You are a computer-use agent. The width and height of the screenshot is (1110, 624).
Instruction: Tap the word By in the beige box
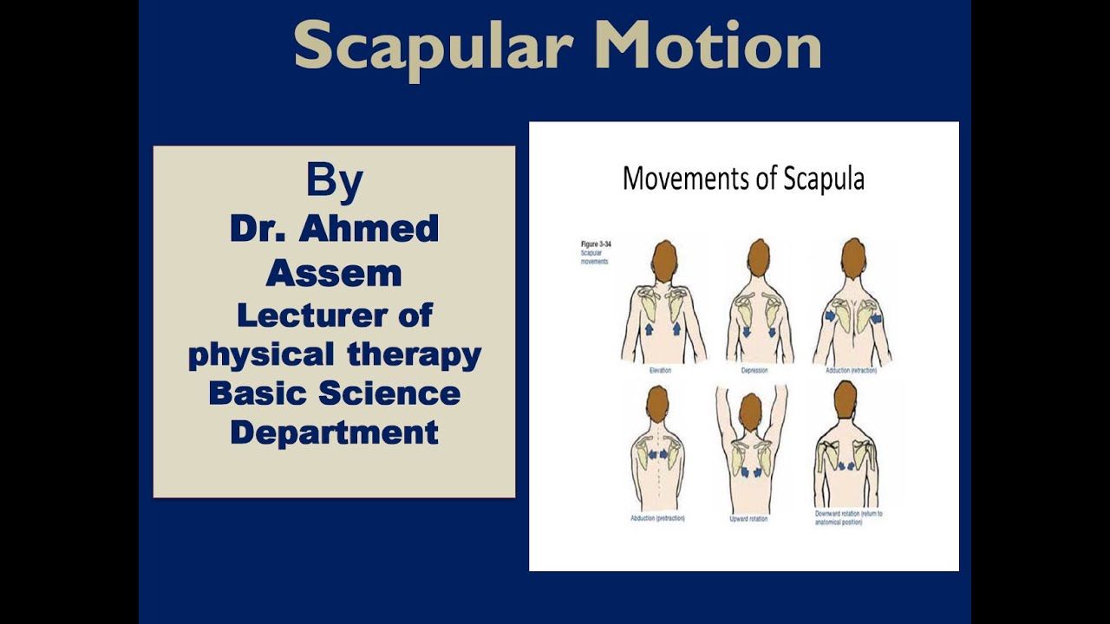coord(334,181)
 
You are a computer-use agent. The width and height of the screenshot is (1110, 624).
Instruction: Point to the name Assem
coord(334,273)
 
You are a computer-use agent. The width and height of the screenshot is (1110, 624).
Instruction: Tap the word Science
coord(389,393)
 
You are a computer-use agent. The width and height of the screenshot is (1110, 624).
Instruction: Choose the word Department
coord(334,432)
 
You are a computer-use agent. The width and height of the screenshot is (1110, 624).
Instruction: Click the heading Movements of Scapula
coord(743,179)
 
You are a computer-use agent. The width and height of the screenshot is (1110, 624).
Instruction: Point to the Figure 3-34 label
coord(594,244)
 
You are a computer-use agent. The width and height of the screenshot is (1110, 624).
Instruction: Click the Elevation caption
coord(661,370)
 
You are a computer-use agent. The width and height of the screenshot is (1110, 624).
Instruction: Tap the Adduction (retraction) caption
coord(852,370)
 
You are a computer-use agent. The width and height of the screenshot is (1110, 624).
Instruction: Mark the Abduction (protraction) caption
coord(657,518)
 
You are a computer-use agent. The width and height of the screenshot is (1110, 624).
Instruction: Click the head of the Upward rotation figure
coord(750,409)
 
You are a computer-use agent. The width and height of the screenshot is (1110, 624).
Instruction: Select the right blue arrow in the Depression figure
coord(771,330)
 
